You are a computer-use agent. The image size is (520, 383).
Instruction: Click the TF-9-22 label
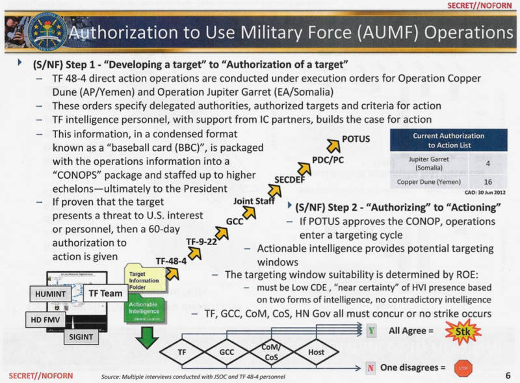201,241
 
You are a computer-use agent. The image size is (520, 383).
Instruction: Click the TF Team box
105,294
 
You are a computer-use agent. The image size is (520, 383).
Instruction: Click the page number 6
507,376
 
